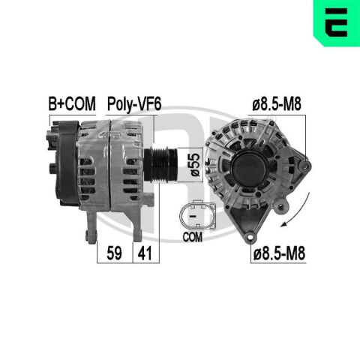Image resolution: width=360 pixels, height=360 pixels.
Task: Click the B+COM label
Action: [72, 103]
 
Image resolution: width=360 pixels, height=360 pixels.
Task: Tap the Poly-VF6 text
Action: [134, 103]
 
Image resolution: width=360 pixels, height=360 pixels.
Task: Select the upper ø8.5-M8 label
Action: [277, 103]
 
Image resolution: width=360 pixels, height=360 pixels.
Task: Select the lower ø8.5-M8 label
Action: [279, 253]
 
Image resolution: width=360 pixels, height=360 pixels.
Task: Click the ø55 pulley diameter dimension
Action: [195, 164]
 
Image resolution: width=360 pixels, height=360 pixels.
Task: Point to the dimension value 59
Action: [114, 253]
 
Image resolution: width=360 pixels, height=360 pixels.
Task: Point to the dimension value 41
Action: [145, 253]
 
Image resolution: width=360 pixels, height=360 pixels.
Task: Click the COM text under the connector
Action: [192, 237]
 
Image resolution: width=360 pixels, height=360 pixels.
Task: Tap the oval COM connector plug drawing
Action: [197, 214]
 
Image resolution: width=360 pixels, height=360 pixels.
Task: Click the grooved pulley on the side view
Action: [161, 164]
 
